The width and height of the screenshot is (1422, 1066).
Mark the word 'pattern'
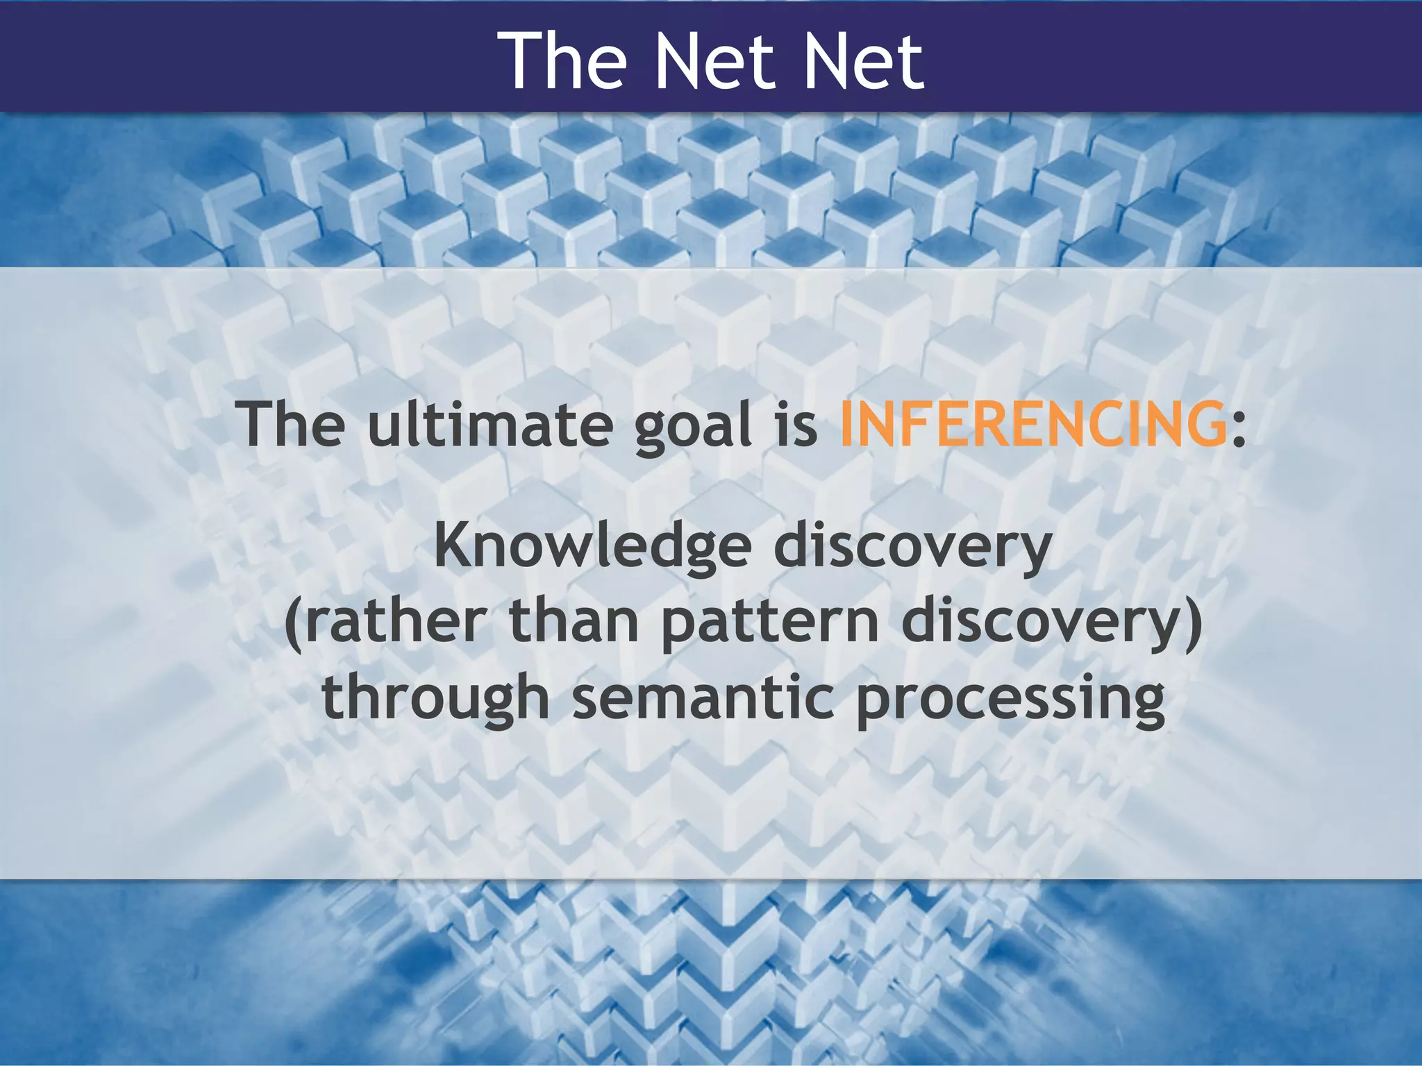click(x=770, y=623)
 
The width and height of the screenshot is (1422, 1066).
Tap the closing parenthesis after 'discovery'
click(x=1194, y=623)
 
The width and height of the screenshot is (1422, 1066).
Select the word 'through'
click(x=435, y=698)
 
